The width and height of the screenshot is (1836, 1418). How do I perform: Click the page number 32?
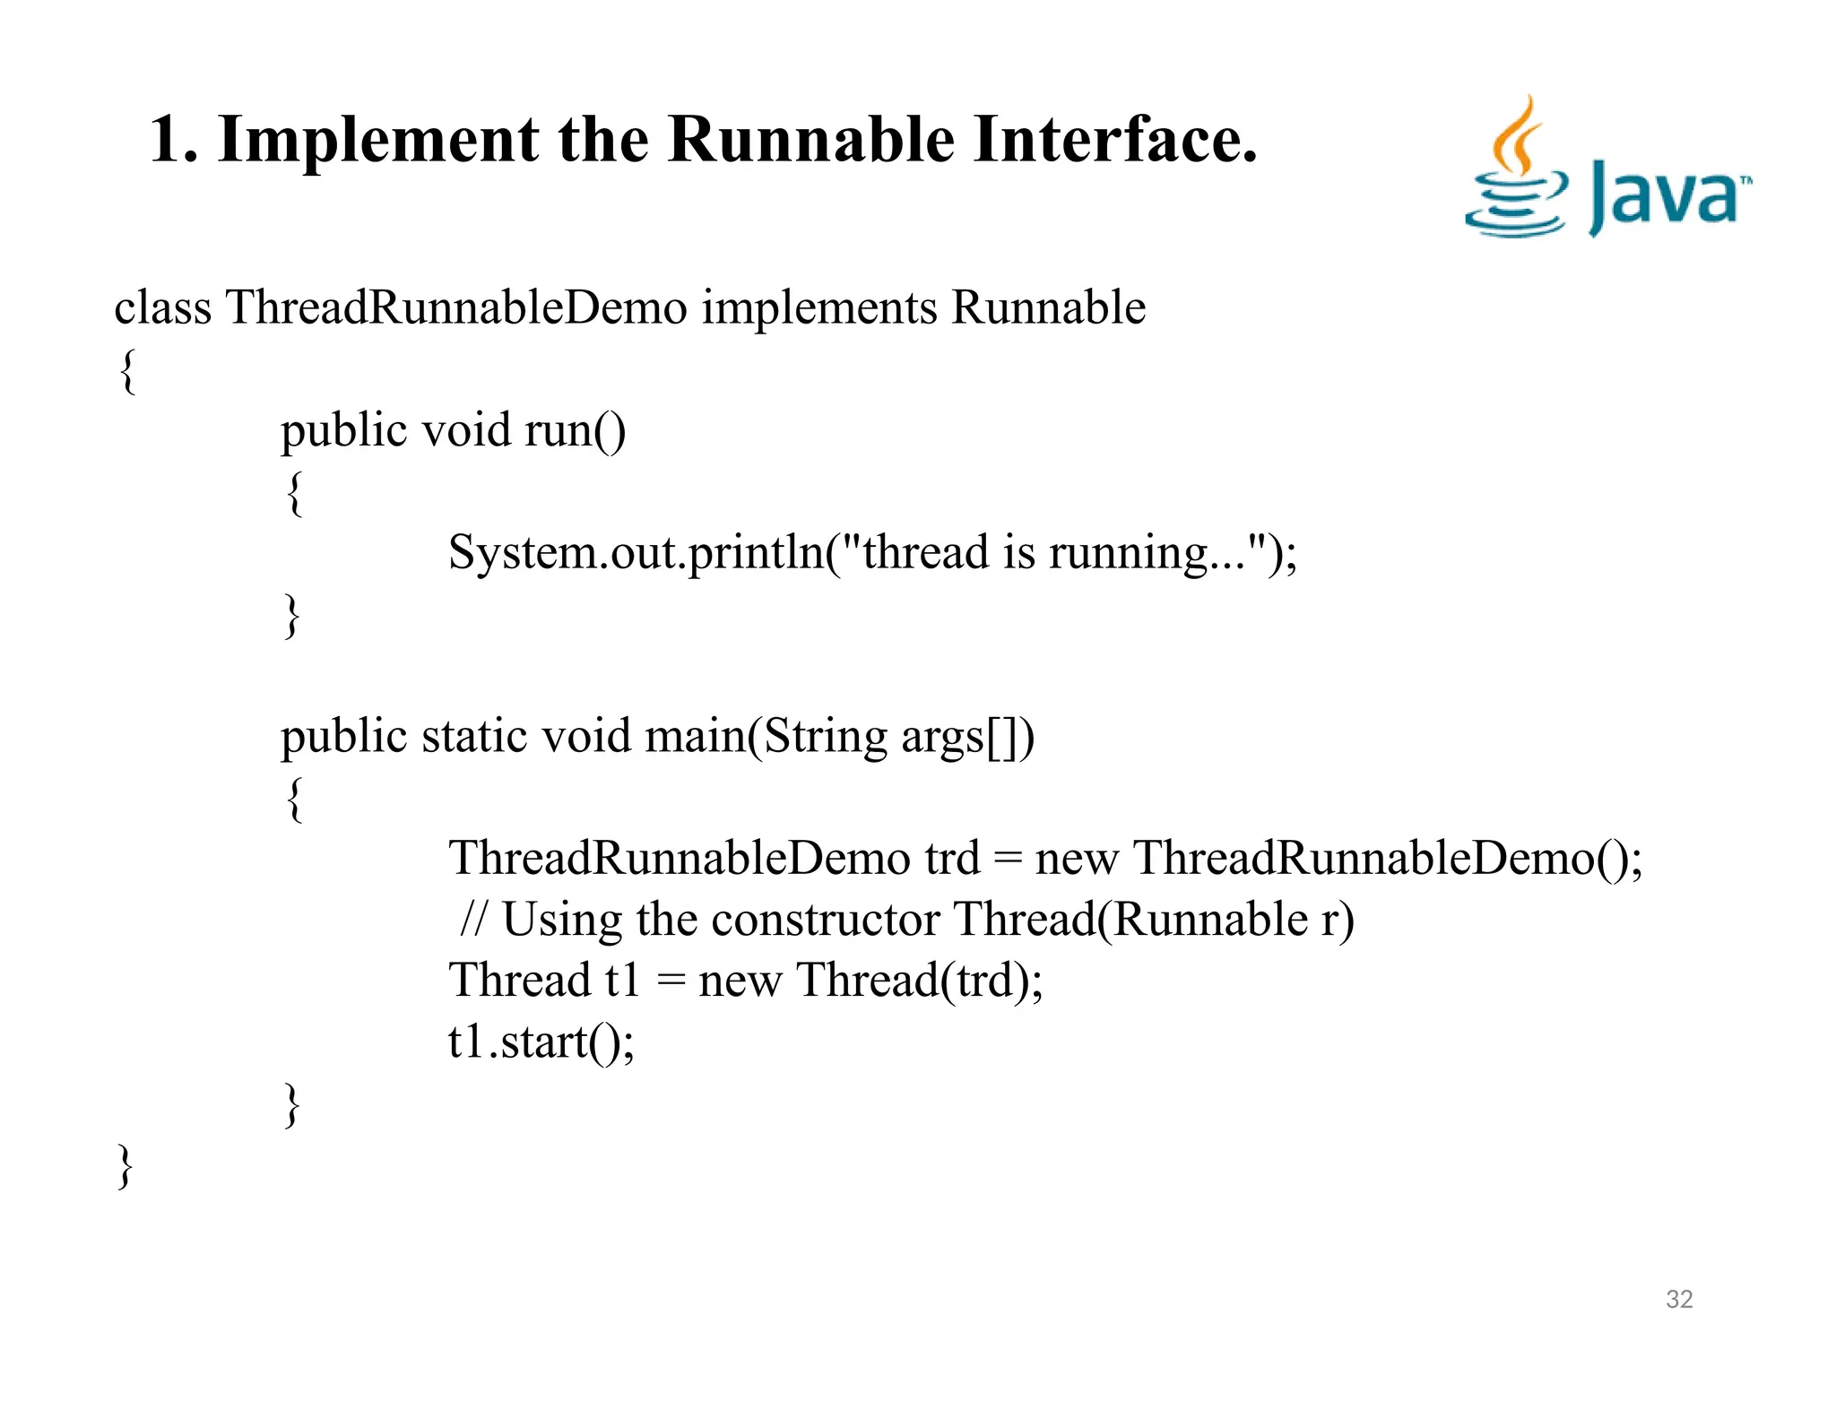pyautogui.click(x=1678, y=1299)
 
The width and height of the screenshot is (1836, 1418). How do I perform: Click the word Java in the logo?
pyautogui.click(x=1666, y=196)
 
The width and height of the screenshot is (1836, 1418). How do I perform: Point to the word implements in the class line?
pyautogui.click(x=819, y=307)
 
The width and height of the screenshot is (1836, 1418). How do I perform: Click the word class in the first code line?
pyautogui.click(x=162, y=307)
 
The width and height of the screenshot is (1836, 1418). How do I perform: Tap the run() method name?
pyautogui.click(x=575, y=431)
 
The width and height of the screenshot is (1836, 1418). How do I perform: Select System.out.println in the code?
pyautogui.click(x=637, y=553)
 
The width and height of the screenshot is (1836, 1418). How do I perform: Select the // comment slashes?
pyautogui.click(x=473, y=920)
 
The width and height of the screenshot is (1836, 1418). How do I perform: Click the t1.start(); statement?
pyautogui.click(x=541, y=1042)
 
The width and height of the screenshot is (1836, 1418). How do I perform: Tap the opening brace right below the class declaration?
pyautogui.click(x=127, y=371)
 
